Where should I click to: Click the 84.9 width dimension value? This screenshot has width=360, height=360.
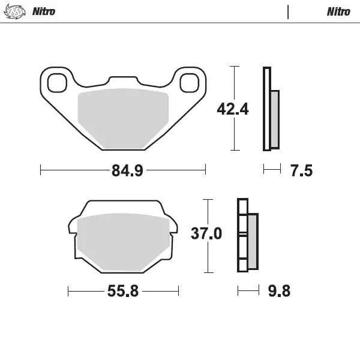coord(127,171)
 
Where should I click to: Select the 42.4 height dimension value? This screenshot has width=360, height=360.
coord(232,109)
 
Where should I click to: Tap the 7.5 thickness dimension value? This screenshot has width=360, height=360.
coord(301,171)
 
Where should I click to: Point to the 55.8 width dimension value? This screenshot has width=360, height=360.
coord(123,292)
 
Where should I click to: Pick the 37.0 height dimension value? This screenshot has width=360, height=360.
coord(206,233)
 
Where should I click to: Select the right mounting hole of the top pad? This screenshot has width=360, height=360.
coord(189,82)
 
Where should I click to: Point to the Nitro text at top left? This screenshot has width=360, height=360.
coord(43,11)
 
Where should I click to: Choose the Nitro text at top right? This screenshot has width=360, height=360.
coord(338,11)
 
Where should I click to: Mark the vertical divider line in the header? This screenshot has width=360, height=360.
coord(289,11)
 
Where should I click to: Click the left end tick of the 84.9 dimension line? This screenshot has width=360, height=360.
coord(40,170)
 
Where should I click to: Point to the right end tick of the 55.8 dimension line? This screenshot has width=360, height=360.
coord(179,292)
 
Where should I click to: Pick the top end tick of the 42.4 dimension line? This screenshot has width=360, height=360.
coord(235,66)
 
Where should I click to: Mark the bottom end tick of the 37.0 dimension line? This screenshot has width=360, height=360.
coord(208,272)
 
